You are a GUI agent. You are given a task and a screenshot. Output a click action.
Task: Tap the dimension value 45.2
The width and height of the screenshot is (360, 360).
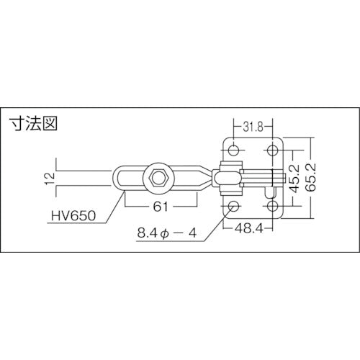point(292,178)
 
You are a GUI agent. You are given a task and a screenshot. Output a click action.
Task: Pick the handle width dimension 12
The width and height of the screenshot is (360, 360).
point(48,177)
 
